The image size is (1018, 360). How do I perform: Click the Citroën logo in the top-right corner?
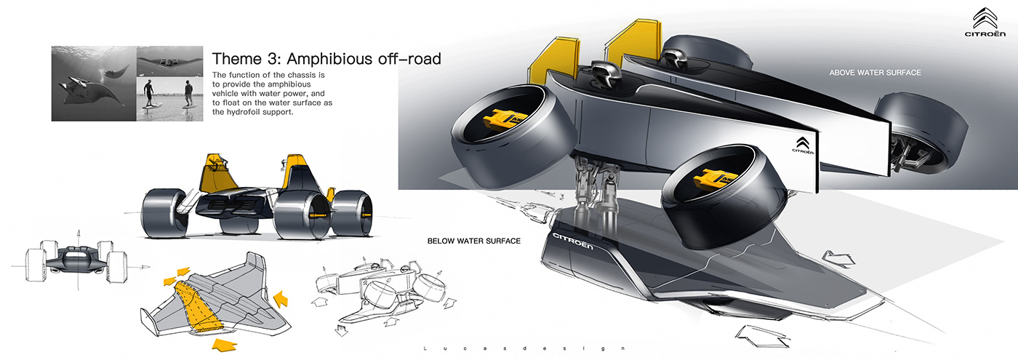(985, 22)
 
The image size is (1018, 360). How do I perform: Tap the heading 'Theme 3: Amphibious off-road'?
(326, 59)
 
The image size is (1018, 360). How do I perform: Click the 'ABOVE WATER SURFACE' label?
(875, 73)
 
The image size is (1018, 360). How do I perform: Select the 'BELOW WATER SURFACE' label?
(474, 241)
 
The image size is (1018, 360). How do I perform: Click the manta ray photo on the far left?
(94, 84)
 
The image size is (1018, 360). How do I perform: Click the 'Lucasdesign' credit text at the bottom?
(524, 348)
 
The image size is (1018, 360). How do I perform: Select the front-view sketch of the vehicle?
(76, 261)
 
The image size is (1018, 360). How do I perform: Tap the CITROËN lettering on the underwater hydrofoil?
(573, 241)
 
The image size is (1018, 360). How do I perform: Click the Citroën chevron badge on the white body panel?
(803, 145)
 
